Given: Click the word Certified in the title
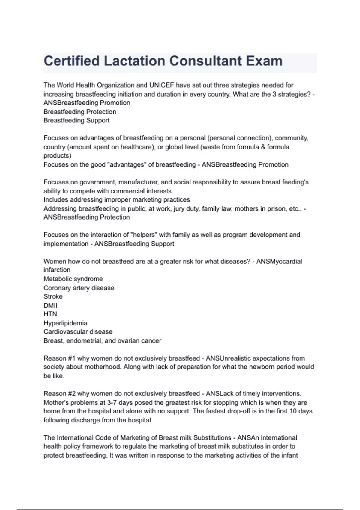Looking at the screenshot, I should (72, 61).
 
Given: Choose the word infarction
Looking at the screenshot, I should (57, 270).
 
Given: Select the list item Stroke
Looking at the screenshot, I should (53, 297).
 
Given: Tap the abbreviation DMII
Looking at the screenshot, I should (50, 306).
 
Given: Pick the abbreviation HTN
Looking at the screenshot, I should (50, 314).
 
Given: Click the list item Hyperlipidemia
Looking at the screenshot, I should (65, 323).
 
